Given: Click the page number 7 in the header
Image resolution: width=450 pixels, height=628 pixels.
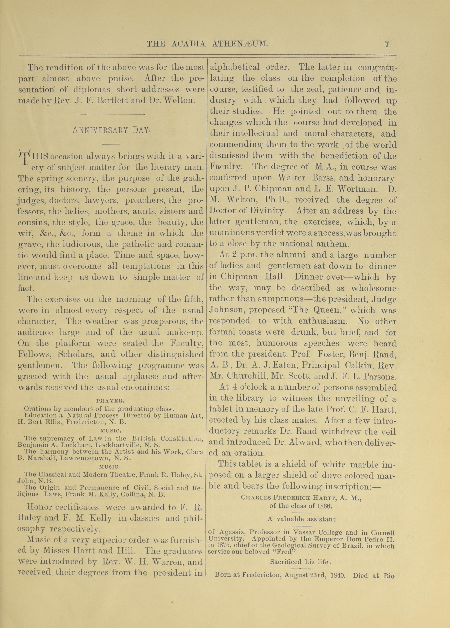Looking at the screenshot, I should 387,44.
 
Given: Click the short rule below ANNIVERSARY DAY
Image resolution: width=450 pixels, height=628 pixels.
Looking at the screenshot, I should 111,144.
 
